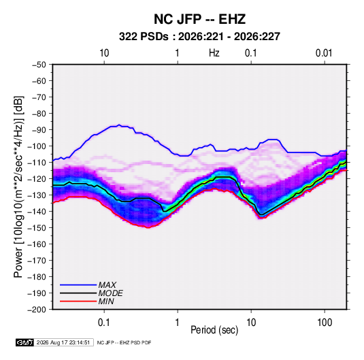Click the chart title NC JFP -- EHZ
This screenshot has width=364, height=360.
coord(199,19)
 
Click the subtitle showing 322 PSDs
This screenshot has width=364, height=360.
coord(199,37)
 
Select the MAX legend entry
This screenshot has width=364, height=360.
coord(88,285)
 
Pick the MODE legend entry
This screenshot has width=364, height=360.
coord(91,293)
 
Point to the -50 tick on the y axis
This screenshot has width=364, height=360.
coord(39,65)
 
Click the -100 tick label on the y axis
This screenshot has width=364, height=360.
coord(37,146)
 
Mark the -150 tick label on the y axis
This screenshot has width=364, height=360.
coord(37,228)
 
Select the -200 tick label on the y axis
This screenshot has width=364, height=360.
coord(37,310)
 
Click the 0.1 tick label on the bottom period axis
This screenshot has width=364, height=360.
coord(104,323)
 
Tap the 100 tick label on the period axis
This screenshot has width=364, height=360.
coord(325,323)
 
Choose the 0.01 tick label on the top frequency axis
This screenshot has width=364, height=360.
coord(324,53)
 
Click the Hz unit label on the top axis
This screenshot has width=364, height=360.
coord(214,53)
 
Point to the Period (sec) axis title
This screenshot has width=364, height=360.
coord(214,330)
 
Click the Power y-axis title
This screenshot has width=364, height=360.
coord(18,187)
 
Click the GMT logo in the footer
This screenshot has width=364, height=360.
coord(24,342)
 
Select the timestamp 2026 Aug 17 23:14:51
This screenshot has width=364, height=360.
coord(63,342)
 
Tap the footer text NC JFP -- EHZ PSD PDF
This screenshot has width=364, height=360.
coord(125,342)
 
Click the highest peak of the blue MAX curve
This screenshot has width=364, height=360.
coord(119,125)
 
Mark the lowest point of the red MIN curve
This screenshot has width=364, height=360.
coord(148,227)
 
